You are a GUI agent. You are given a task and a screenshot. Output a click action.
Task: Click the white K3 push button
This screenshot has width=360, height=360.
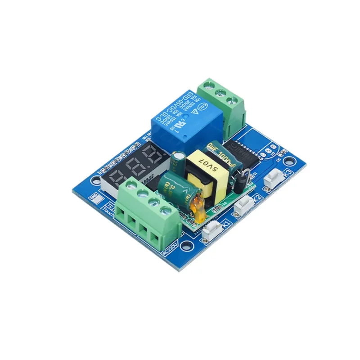tap(274, 178)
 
